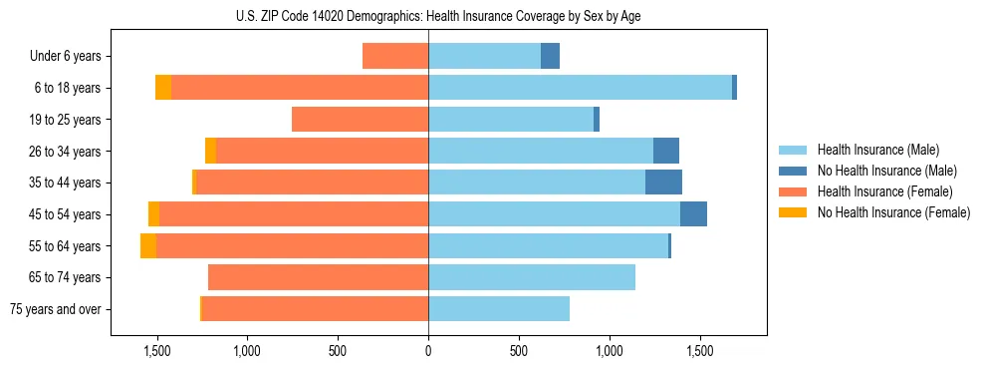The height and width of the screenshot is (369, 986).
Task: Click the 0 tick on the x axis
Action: click(428, 351)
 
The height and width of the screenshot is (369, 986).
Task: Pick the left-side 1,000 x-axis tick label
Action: click(247, 351)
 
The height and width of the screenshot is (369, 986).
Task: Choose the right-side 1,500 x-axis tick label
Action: click(699, 351)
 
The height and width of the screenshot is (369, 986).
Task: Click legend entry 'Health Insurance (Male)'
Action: click(877, 150)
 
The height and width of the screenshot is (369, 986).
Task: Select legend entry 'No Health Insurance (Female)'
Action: click(893, 212)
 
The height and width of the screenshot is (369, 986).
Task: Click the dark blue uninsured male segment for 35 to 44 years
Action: click(663, 183)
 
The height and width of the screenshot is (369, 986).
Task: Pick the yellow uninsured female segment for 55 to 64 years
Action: click(148, 245)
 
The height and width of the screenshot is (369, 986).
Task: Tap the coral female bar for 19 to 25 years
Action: click(360, 120)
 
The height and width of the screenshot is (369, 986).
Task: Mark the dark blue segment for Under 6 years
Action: click(550, 56)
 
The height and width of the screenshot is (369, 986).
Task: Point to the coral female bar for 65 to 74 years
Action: click(318, 277)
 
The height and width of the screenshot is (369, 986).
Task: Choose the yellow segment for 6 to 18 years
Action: click(163, 88)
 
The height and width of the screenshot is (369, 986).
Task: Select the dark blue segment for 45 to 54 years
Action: click(693, 214)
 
